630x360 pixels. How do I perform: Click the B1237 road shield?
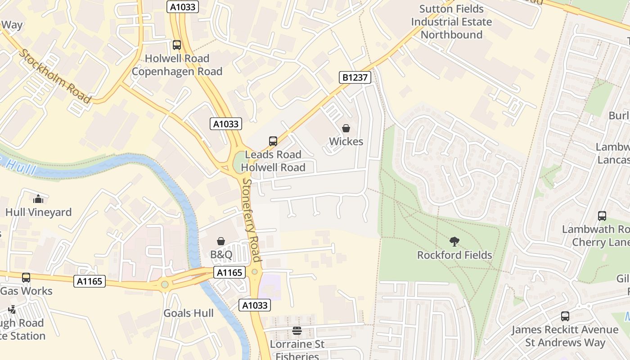point(355,77)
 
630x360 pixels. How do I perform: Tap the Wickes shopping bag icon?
point(346,129)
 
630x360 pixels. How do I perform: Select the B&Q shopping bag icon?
point(221,242)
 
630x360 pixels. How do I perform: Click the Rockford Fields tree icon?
point(454,242)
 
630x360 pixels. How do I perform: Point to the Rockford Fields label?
point(454,255)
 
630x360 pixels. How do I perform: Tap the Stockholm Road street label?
point(54,76)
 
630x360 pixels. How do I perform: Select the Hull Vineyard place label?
point(39,212)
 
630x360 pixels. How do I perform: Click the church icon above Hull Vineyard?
point(38,198)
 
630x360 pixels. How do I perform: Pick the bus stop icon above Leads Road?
point(273,141)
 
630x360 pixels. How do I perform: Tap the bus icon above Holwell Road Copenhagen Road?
point(177,45)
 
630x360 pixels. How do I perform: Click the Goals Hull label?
point(189,313)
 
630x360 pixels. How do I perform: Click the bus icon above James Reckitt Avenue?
point(565,316)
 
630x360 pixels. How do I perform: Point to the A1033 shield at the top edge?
point(183,7)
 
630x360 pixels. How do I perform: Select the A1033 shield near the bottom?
point(255,305)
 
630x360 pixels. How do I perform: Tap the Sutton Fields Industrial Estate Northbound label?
point(451,22)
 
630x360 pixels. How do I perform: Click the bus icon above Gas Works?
point(26,278)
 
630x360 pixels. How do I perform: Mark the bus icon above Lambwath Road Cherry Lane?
point(602,216)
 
